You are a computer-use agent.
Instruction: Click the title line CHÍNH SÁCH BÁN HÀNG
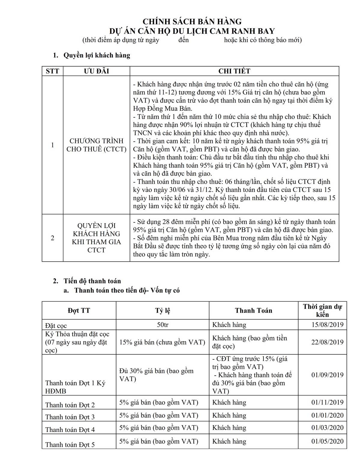[192, 22]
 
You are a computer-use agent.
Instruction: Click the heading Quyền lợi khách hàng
[97, 55]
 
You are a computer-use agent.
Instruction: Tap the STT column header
[52, 71]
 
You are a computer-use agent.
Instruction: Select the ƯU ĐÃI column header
[96, 71]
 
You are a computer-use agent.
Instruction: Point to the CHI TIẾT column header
[234, 71]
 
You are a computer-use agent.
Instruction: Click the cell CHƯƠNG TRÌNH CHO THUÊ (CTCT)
[96, 145]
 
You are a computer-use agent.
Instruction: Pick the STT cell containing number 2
[52, 238]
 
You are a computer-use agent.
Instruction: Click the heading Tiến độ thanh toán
[92, 281]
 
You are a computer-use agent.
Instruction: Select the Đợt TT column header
[79, 310]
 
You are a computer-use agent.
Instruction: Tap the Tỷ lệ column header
[163, 310]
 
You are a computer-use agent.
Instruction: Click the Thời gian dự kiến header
[322, 310]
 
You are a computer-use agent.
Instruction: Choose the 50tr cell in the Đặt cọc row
[163, 325]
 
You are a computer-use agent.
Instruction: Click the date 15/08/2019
[327, 325]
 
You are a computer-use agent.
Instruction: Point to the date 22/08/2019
[327, 342]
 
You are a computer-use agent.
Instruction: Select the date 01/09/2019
[327, 375]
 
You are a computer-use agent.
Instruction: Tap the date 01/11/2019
[327, 402]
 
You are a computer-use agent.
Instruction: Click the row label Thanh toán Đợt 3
[70, 417]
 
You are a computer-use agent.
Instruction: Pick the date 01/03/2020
[327, 428]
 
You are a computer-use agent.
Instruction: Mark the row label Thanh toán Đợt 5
[70, 444]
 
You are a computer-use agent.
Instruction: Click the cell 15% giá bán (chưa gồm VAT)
[162, 342]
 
